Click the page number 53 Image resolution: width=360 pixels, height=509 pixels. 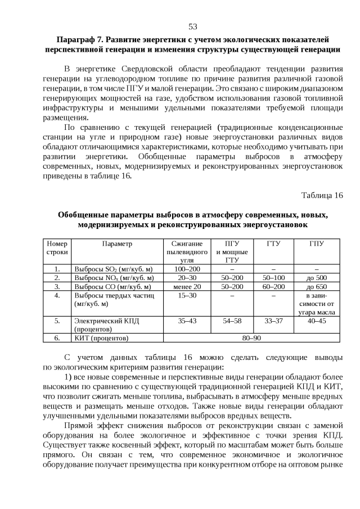[192, 26]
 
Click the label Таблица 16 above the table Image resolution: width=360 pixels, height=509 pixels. [322, 195]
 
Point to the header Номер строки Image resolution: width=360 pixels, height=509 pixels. [57, 247]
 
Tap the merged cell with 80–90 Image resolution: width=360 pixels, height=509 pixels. [251, 338]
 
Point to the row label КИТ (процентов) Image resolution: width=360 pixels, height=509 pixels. [102, 338]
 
